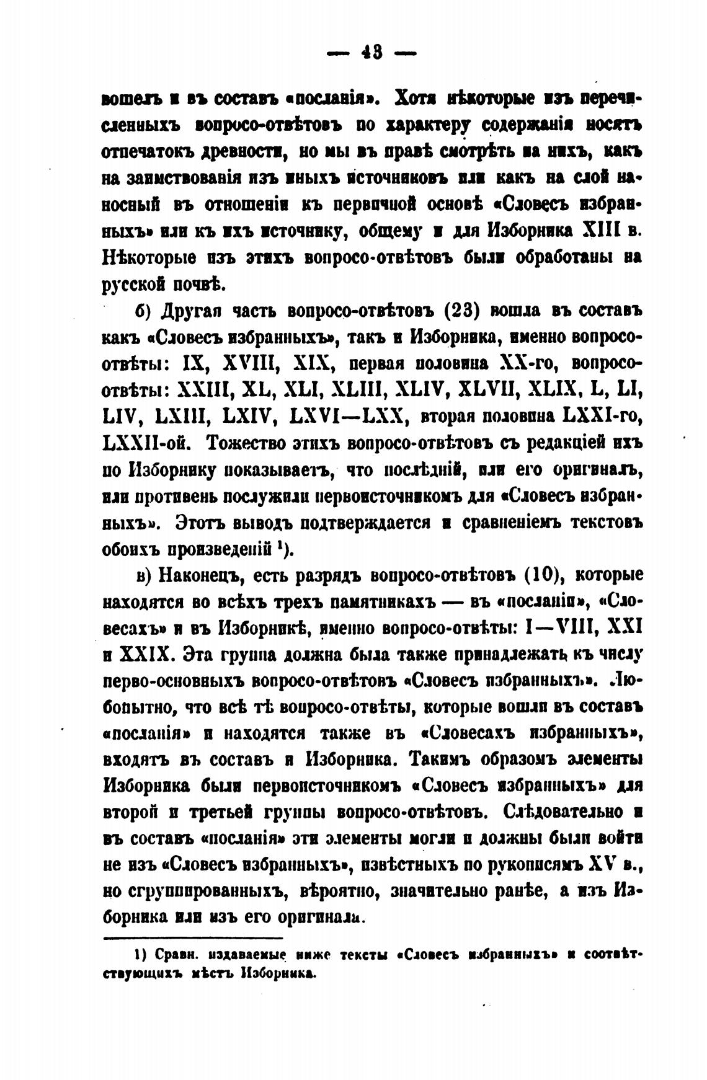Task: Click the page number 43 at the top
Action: pyautogui.click(x=371, y=53)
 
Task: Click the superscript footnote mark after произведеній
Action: pyautogui.click(x=280, y=546)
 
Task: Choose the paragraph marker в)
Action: pyautogui.click(x=144, y=576)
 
